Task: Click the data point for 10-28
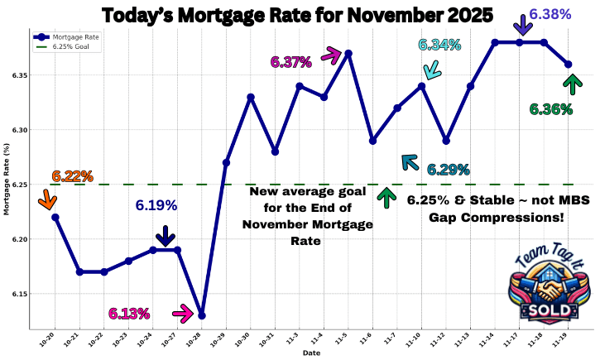point(202,315)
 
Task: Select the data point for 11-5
point(348,53)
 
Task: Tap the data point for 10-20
point(55,217)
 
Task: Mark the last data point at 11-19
point(568,64)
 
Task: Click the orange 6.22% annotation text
point(72,176)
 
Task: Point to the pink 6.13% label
point(129,314)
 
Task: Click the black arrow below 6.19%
point(166,235)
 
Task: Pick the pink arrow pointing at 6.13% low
point(182,313)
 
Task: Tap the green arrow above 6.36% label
point(570,83)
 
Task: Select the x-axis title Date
point(311,353)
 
